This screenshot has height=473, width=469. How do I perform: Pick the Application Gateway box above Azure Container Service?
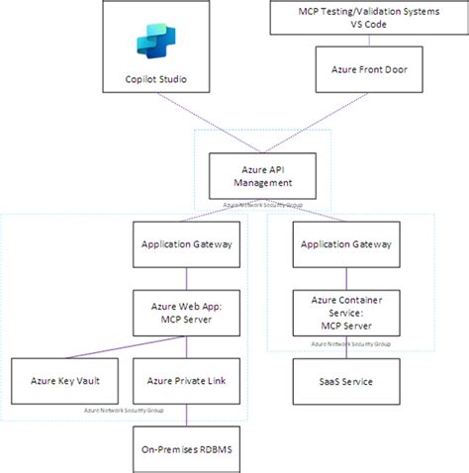coord(344,243)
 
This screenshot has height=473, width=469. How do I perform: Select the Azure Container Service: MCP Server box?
coord(344,312)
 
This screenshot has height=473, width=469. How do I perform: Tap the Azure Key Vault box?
coord(59,380)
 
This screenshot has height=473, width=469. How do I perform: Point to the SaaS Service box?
coord(344,380)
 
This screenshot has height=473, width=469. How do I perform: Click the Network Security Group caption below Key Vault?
coord(124,409)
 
